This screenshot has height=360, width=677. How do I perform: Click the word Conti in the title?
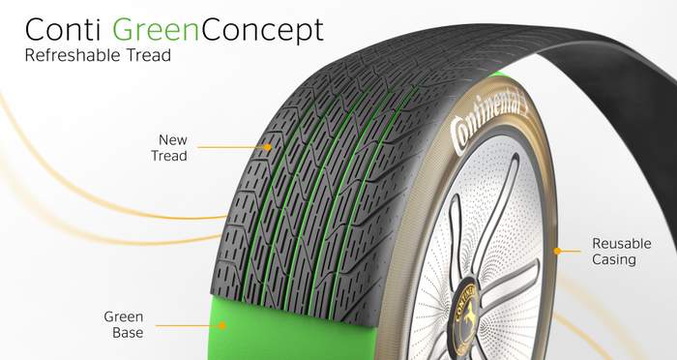tap(63, 30)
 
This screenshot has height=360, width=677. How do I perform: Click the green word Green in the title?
tap(156, 30)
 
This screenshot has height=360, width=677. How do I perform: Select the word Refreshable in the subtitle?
tap(74, 55)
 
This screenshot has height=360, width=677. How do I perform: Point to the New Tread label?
tap(169, 148)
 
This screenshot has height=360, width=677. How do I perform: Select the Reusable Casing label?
tap(621, 251)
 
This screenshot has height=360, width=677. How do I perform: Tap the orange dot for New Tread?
tap(268, 147)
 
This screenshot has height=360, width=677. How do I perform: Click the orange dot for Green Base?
tap(221, 325)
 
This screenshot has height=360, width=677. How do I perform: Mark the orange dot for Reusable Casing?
tap(557, 251)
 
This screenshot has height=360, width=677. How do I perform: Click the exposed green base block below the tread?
tap(294, 331)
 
